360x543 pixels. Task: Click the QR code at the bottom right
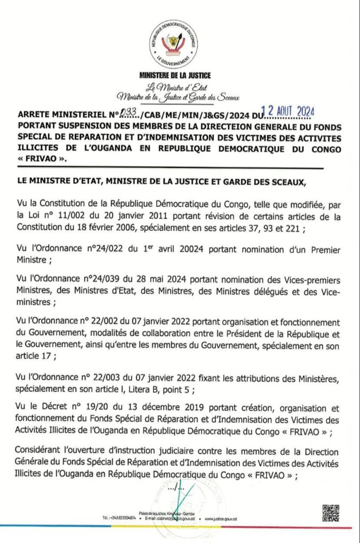(x=331, y=513)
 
